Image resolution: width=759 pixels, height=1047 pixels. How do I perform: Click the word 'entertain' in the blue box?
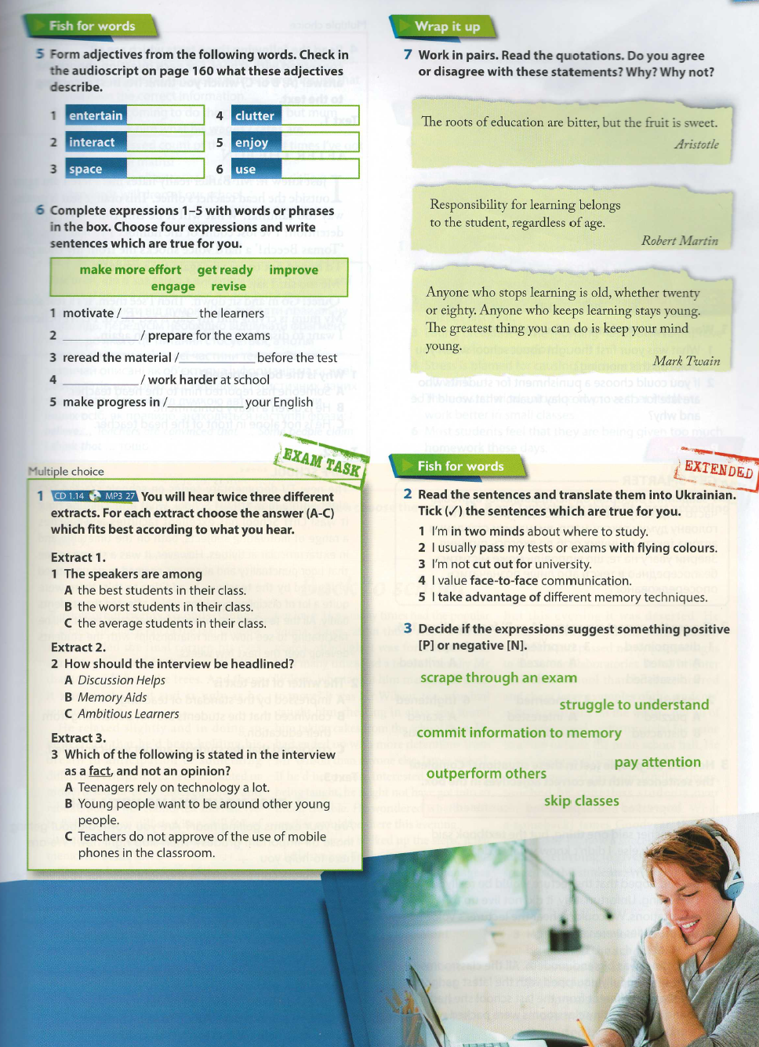(96, 115)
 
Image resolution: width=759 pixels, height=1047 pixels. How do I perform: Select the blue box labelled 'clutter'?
(256, 115)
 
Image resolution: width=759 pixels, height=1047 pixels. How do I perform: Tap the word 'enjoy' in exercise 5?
(252, 142)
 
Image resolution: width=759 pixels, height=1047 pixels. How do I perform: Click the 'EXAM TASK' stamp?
(321, 462)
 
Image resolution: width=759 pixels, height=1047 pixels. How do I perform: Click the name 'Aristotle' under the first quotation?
(696, 144)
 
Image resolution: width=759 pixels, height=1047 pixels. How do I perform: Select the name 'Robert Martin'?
(679, 241)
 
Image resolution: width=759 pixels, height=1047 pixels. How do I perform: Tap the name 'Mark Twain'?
(686, 361)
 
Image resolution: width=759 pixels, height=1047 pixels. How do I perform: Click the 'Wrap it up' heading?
(447, 27)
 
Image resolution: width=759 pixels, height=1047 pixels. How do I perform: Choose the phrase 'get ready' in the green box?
(225, 270)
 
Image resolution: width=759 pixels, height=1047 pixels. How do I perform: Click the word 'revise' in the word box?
(228, 286)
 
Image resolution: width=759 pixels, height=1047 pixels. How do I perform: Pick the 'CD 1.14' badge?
(69, 496)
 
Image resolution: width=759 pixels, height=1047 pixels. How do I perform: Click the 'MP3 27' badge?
(119, 496)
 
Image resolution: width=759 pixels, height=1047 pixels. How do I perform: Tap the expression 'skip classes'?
(581, 801)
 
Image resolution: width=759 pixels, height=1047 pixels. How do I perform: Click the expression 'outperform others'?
(486, 773)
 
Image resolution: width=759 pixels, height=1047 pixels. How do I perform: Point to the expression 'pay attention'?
(657, 762)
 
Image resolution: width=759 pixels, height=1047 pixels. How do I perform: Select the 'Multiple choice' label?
(66, 472)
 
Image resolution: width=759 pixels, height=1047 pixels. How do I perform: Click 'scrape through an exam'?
(498, 677)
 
